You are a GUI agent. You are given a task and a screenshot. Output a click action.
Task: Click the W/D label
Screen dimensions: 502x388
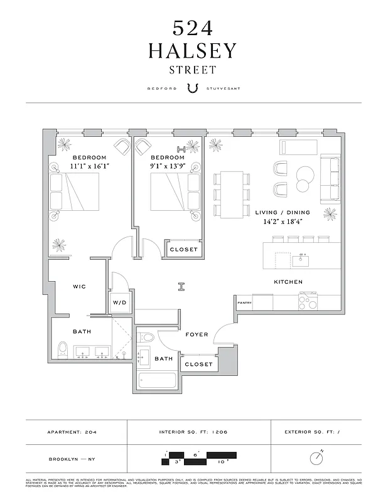[119, 302]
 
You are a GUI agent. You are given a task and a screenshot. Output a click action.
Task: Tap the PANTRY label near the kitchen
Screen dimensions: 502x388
[244, 302]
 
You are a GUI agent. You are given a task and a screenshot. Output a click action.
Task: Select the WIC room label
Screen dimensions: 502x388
[79, 286]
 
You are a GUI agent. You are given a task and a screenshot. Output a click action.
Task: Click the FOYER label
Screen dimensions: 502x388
[197, 334]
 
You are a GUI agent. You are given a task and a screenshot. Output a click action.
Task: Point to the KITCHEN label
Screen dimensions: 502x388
[288, 282]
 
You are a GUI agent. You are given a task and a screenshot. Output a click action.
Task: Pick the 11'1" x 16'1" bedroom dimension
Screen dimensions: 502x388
[89, 167]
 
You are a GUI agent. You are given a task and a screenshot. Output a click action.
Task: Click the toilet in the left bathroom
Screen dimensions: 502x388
[62, 350]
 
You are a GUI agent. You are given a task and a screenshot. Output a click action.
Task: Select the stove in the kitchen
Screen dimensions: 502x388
[308, 302]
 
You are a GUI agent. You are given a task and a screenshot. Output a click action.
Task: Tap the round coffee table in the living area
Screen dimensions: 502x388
[304, 173]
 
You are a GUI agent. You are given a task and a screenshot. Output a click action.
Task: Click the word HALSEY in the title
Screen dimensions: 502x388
[193, 51]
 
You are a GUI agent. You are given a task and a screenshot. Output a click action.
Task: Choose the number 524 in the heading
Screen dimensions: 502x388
[193, 27]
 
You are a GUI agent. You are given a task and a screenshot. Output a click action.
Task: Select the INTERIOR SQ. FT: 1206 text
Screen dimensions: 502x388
[198, 432]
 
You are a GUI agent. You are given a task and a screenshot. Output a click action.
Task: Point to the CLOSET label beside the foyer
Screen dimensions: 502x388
[198, 364]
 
